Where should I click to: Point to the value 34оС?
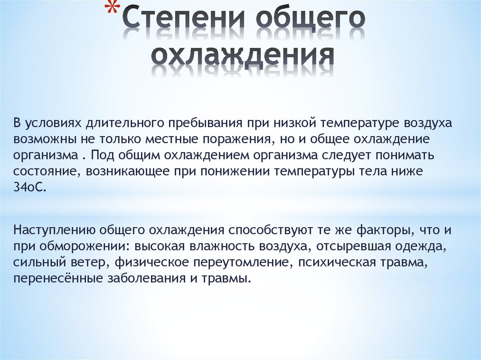pos(31,187)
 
